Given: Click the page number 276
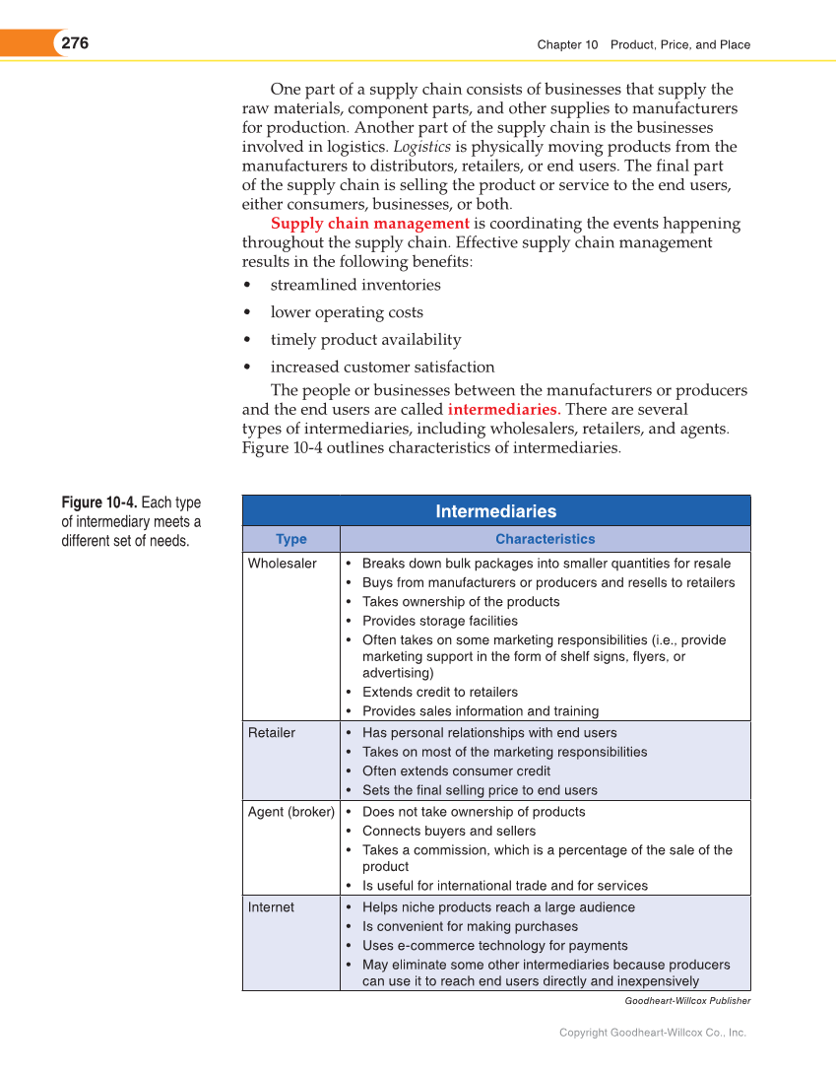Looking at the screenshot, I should tap(75, 43).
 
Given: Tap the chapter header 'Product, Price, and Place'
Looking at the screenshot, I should tap(679, 44).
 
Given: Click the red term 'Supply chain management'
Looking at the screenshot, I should tap(369, 224).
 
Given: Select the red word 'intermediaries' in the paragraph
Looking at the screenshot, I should tap(503, 409).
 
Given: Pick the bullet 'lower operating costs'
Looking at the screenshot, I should tap(347, 312).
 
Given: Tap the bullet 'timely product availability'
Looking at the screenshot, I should tap(365, 340).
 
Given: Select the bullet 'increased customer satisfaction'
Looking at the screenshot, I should tap(382, 368).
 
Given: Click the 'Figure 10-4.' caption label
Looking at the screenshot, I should tap(99, 503).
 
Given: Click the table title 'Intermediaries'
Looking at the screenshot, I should tap(495, 511).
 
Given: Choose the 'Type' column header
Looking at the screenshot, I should tap(290, 539).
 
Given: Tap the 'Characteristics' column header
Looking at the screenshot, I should tap(545, 539).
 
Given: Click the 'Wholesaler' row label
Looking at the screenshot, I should tap(282, 564).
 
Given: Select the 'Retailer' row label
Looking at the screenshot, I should tap(271, 733).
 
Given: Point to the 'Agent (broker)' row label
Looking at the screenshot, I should tap(290, 812).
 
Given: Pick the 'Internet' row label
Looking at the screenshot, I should tap(271, 907).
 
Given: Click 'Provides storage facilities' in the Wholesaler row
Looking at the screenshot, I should tap(439, 621).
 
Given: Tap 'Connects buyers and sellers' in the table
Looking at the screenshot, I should tap(449, 832).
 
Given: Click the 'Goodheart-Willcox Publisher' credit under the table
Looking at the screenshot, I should tap(687, 1001).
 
